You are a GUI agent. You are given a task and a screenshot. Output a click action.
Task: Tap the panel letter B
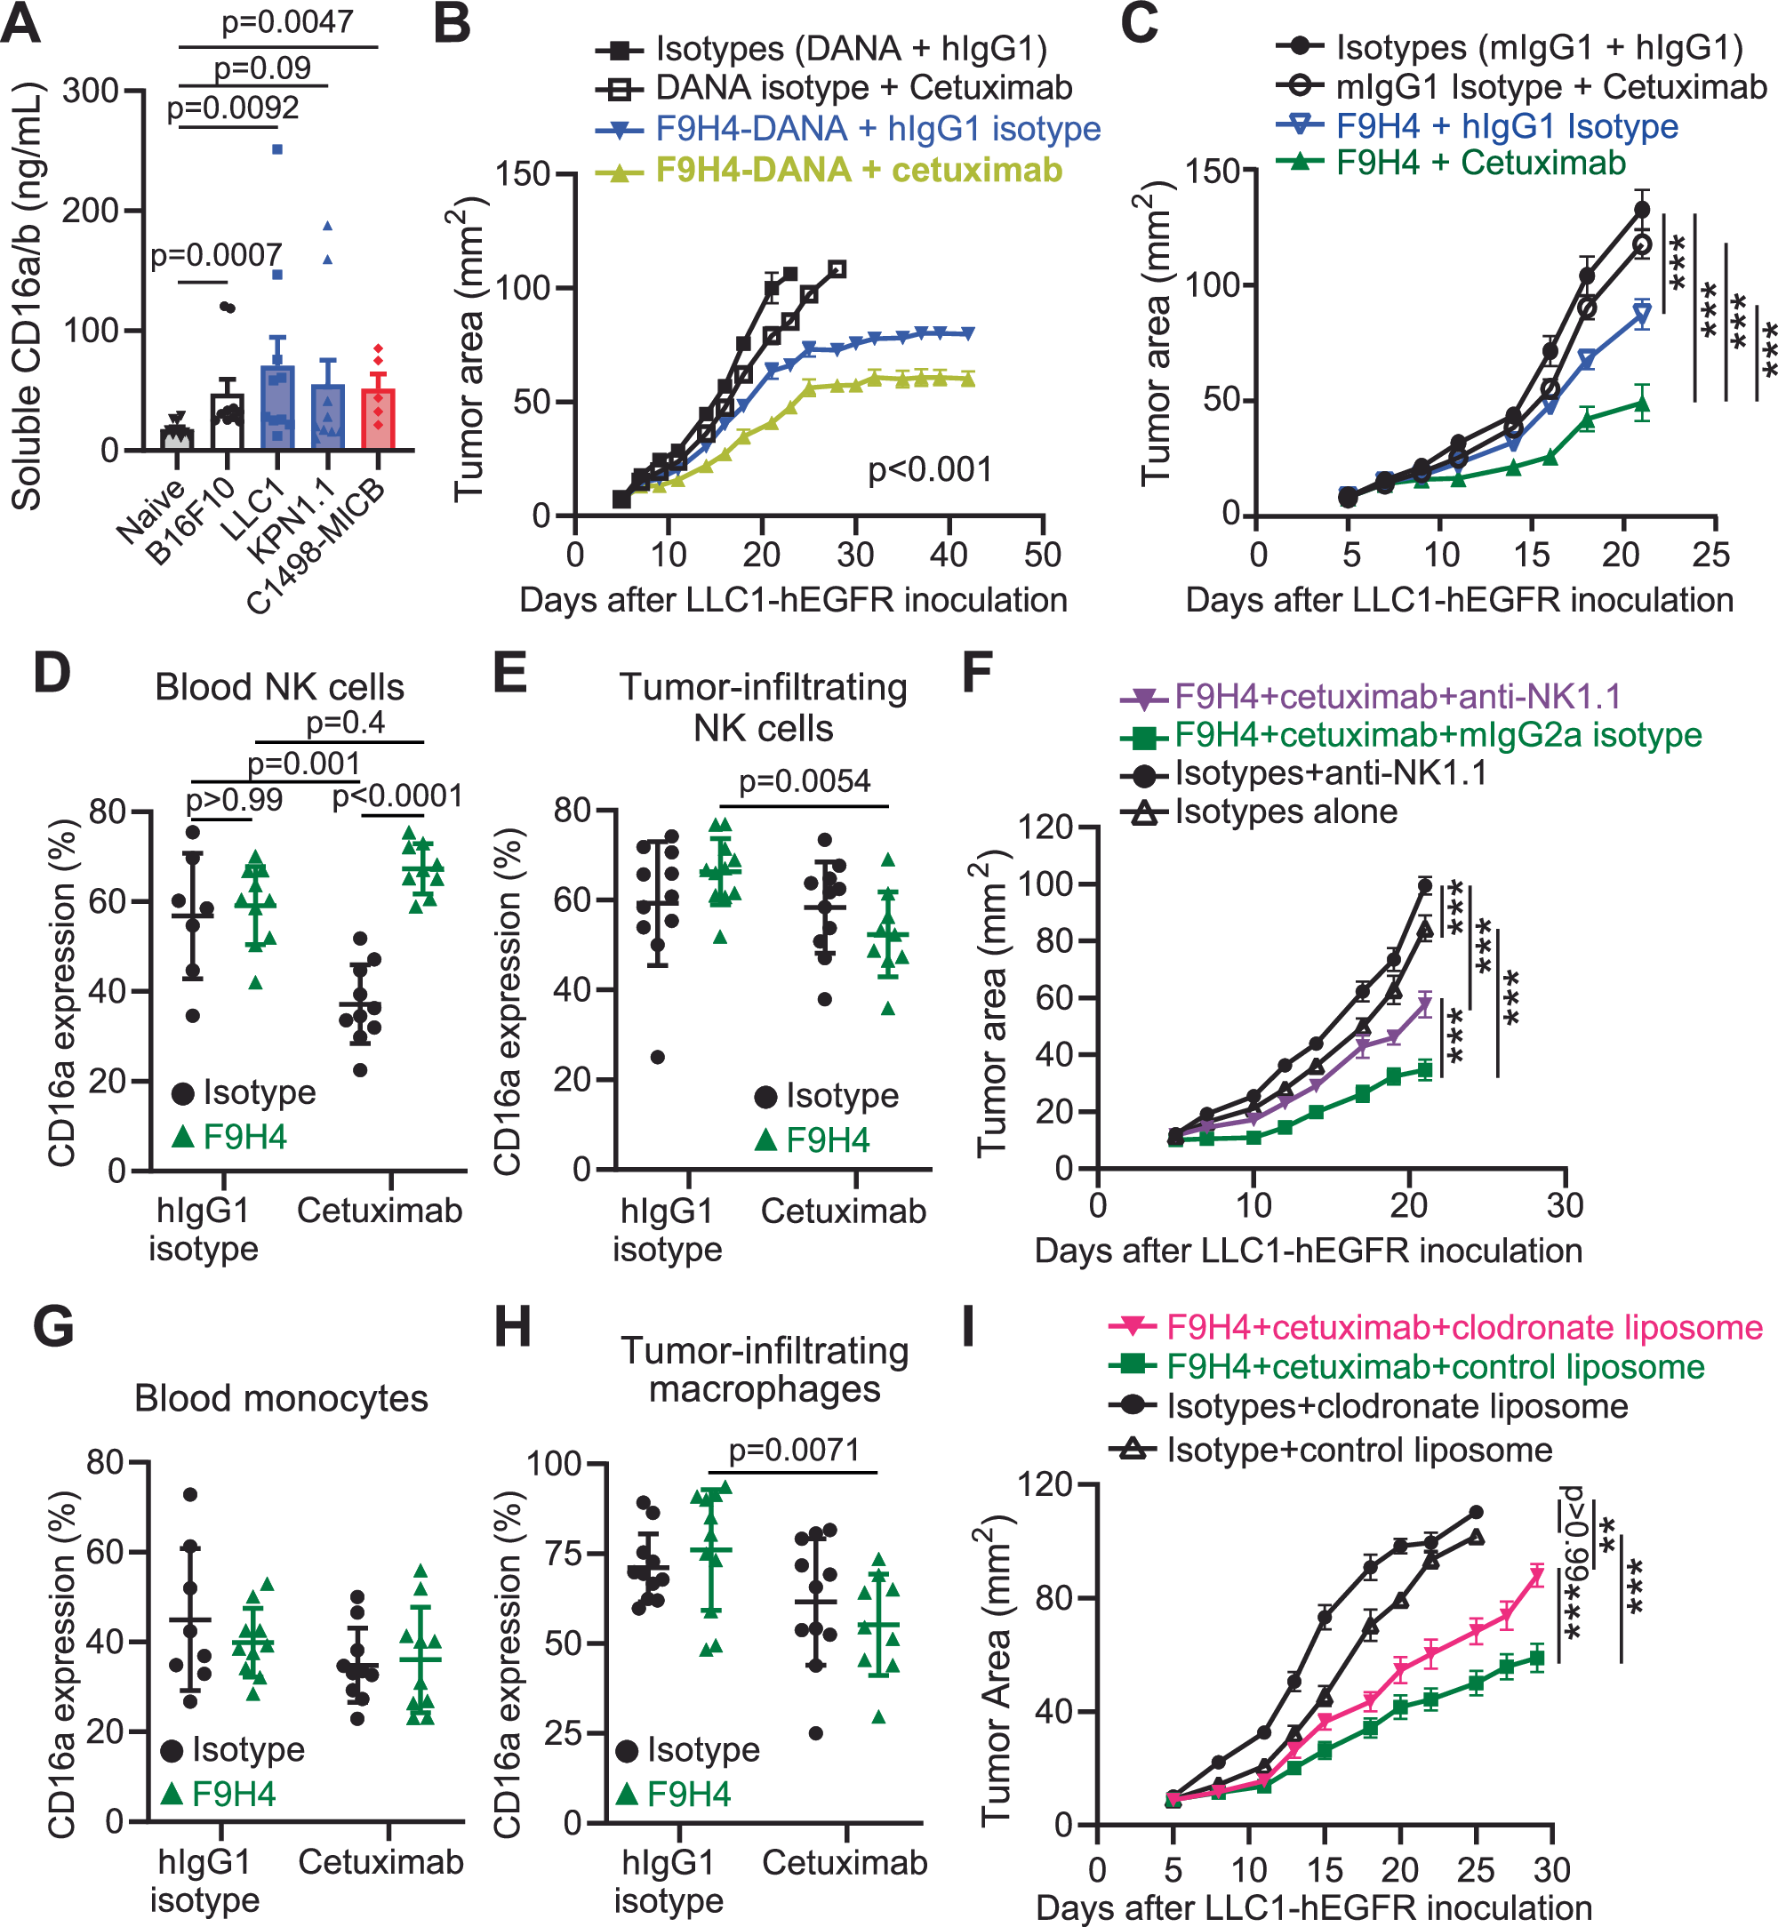coord(453,24)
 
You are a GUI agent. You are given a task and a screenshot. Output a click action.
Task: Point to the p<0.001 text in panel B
coord(929,469)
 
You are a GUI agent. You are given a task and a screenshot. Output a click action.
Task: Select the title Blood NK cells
coord(279,687)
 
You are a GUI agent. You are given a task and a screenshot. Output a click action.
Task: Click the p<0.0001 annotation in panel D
coord(397,796)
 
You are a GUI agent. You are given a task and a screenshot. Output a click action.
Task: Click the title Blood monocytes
coord(281,1398)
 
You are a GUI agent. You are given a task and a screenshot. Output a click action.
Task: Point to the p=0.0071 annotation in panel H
coord(794,1450)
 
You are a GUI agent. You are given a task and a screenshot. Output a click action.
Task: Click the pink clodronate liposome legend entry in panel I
coord(1463,1328)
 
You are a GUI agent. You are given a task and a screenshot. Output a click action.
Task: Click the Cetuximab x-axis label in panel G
coord(381,1861)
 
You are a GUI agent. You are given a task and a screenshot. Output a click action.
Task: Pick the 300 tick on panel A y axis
coord(91,92)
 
